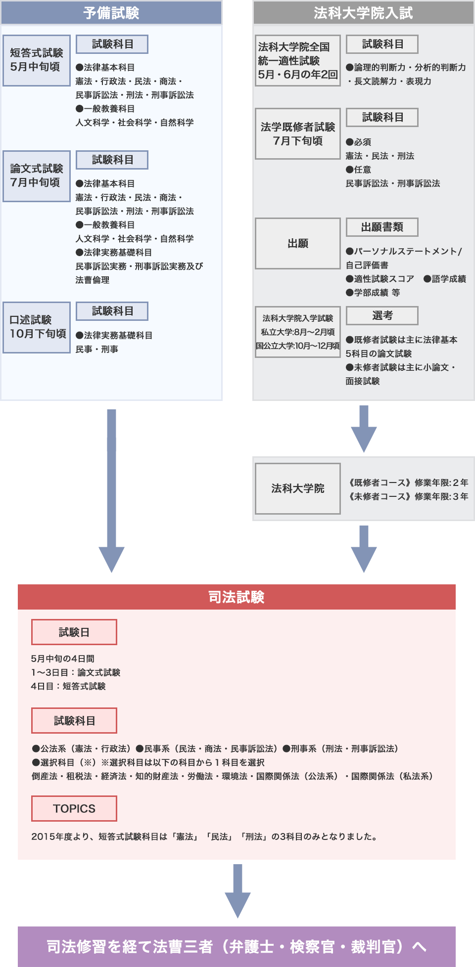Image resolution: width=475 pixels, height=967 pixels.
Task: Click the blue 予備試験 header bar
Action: (111, 13)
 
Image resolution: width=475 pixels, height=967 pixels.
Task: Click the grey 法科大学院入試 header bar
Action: (363, 13)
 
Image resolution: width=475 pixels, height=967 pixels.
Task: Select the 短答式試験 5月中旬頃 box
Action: (37, 60)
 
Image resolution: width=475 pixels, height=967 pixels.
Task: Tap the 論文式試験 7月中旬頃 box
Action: (37, 176)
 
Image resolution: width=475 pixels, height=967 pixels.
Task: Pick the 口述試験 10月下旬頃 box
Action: (37, 327)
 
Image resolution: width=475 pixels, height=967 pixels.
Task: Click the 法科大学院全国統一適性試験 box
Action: (298, 60)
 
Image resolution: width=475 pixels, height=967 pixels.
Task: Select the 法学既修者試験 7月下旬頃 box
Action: (298, 133)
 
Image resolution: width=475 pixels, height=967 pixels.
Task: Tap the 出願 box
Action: (298, 243)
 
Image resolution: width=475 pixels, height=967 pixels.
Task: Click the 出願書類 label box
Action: (382, 227)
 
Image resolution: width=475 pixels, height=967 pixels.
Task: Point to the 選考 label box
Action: (382, 315)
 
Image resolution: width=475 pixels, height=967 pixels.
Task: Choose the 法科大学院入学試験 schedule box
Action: (298, 332)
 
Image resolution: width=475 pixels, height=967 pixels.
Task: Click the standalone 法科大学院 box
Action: (298, 488)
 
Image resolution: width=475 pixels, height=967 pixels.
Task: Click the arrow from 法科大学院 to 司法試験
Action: (363, 549)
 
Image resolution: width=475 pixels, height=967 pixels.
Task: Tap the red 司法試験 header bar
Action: (237, 597)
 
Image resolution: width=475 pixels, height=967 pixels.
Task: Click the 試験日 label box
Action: (74, 632)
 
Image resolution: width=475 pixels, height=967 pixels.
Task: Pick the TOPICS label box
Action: (74, 808)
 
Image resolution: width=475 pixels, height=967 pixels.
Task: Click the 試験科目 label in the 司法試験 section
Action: (74, 720)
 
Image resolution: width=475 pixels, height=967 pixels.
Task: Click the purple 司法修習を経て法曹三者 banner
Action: (237, 947)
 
